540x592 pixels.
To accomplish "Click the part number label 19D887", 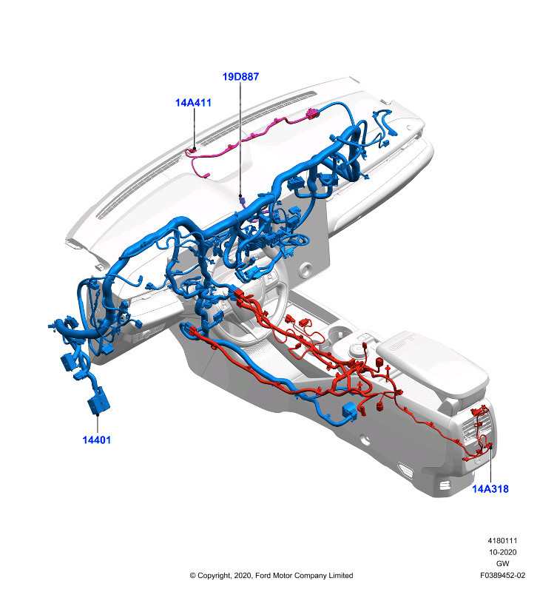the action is click(x=240, y=77).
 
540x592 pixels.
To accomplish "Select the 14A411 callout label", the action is click(x=193, y=103).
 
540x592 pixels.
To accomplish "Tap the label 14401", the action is click(x=97, y=440).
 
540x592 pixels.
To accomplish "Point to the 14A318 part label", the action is click(x=490, y=489).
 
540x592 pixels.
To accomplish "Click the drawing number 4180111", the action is click(x=502, y=541).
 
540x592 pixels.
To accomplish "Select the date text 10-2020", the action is click(x=502, y=552).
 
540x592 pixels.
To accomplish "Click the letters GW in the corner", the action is click(x=502, y=563).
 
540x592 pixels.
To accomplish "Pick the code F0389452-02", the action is click(x=502, y=576).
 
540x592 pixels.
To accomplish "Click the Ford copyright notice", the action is click(x=271, y=576).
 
